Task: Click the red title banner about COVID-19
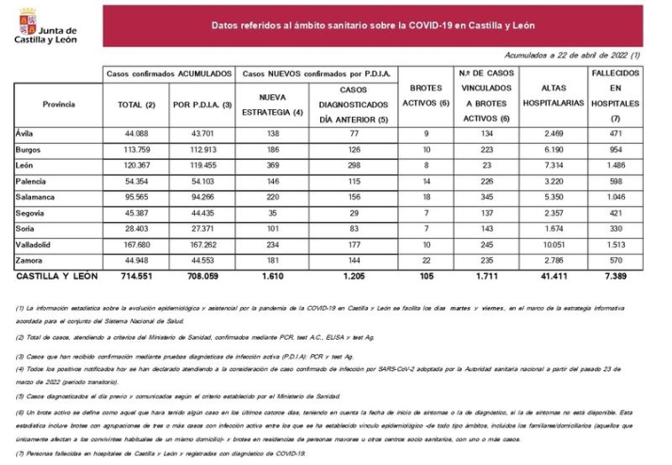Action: [x=373, y=27]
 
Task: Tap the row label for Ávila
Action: [x=26, y=135]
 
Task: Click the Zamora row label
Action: [x=31, y=262]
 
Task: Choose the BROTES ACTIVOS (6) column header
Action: [x=426, y=95]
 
